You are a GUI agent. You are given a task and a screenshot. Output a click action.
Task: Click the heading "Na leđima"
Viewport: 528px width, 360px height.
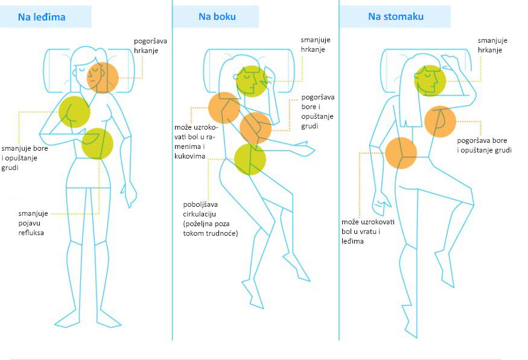click(x=42, y=17)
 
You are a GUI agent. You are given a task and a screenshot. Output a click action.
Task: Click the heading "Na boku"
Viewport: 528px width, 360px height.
click(x=217, y=16)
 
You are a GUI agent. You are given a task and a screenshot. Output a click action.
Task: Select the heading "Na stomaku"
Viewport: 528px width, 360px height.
click(x=396, y=16)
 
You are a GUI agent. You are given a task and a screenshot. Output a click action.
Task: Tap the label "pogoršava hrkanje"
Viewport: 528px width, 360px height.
click(x=150, y=46)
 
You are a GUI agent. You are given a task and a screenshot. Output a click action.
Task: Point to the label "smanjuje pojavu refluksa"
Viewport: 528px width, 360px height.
click(x=33, y=223)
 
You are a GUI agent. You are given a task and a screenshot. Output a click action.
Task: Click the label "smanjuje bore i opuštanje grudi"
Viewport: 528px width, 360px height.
click(x=25, y=158)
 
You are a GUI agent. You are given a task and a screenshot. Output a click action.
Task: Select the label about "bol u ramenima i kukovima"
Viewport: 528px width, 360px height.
click(x=196, y=142)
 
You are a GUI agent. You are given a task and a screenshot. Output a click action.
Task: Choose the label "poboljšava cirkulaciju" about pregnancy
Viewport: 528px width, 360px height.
click(x=211, y=219)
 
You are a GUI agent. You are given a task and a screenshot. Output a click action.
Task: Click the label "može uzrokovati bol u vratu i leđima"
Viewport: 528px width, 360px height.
click(x=367, y=232)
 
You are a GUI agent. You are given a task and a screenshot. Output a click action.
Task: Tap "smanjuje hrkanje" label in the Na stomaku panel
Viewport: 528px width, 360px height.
click(x=492, y=45)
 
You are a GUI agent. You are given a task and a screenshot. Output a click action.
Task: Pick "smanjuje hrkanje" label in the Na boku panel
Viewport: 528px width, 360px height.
click(x=315, y=45)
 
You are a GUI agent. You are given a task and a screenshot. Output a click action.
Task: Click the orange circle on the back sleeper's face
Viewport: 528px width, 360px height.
click(x=103, y=78)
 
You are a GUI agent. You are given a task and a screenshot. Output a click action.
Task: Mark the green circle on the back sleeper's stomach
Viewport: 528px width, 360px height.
click(x=97, y=144)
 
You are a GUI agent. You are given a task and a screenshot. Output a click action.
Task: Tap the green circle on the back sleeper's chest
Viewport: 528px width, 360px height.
click(x=74, y=112)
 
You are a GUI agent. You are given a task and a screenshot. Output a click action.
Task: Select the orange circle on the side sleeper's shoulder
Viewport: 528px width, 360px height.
click(x=224, y=108)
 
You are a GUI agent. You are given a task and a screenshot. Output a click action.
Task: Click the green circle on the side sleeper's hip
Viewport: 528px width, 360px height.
click(x=250, y=159)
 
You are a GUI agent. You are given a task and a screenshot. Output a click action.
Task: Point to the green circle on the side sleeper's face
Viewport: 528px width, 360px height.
click(x=252, y=81)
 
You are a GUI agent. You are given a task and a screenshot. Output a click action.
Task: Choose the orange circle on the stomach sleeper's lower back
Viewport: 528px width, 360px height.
click(x=401, y=153)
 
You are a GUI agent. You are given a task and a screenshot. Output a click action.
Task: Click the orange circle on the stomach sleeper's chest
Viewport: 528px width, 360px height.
click(x=440, y=121)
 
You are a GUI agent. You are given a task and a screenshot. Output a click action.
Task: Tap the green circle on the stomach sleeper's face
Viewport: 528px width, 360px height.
click(x=430, y=81)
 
